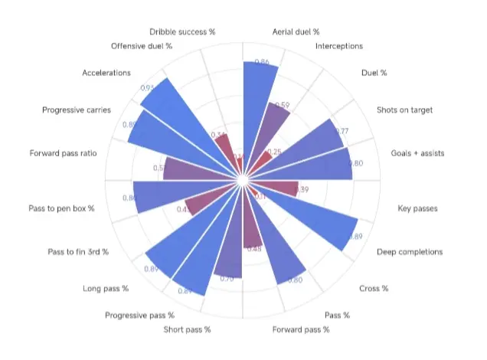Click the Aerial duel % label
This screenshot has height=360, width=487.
click(x=296, y=32)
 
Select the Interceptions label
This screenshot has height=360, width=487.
click(x=339, y=47)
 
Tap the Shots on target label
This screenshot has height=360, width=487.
click(x=404, y=110)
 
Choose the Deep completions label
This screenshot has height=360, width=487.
click(x=409, y=252)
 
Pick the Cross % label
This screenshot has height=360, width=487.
click(x=374, y=289)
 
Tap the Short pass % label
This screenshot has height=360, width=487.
click(x=187, y=330)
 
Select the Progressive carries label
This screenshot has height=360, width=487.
click(x=77, y=110)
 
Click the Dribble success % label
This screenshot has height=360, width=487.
click(x=183, y=32)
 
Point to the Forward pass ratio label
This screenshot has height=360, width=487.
click(x=64, y=153)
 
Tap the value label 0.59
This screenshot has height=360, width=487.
click(x=283, y=106)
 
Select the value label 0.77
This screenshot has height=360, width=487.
click(x=341, y=132)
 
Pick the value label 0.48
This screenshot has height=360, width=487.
click(x=253, y=249)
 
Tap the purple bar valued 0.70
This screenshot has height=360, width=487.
click(x=227, y=260)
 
